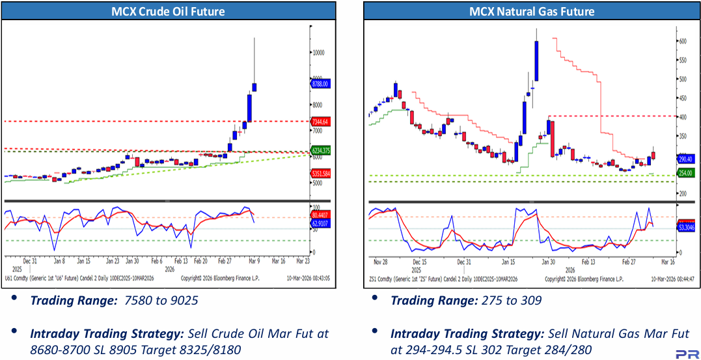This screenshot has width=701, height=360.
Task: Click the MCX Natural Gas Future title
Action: click(532, 11)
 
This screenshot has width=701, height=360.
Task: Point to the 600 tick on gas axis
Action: click(683, 41)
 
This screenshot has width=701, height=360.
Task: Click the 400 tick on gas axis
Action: click(683, 117)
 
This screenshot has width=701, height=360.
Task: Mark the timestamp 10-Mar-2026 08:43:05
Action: click(308, 278)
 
